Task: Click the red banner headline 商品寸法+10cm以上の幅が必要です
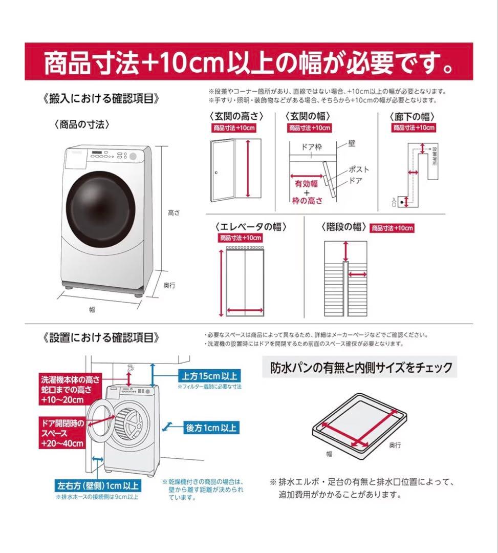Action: coord(249,62)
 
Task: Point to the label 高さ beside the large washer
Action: coord(174,212)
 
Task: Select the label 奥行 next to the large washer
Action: coord(169,285)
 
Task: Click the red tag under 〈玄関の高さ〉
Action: coord(233,128)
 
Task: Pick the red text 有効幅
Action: coord(306,183)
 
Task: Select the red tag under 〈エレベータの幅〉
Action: coord(241,238)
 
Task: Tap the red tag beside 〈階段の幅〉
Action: coord(392,228)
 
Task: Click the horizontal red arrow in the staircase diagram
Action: coord(357,275)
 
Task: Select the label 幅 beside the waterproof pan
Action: coord(329,454)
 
